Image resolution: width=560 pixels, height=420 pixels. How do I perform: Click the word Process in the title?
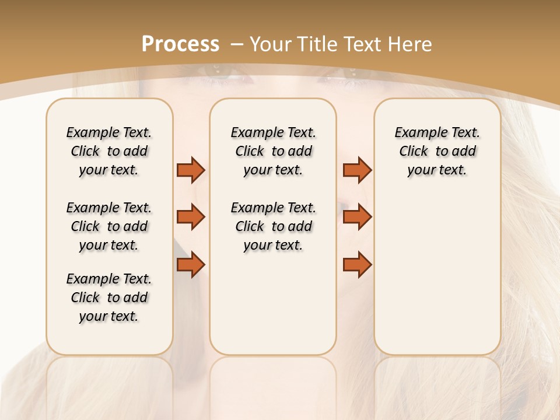click(x=180, y=44)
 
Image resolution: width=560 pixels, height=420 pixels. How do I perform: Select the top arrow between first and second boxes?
click(x=191, y=170)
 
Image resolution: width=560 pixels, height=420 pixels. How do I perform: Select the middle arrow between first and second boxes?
click(x=191, y=217)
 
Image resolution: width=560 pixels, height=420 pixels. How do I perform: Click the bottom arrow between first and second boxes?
click(x=191, y=265)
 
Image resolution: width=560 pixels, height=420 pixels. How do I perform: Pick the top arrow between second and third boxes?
click(x=357, y=170)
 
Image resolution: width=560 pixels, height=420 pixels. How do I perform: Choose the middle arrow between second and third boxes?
click(x=357, y=217)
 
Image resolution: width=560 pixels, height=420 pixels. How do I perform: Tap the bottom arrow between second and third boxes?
click(x=357, y=265)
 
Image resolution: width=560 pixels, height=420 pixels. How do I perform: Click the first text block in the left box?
click(x=109, y=151)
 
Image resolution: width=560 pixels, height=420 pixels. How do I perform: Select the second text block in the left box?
click(x=109, y=226)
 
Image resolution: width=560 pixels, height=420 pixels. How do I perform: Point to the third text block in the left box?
click(x=109, y=297)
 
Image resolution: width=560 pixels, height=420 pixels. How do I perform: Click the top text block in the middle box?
click(x=273, y=151)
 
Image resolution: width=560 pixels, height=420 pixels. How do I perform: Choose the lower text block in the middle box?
click(x=273, y=226)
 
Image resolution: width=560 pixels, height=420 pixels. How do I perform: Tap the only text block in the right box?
click(x=437, y=151)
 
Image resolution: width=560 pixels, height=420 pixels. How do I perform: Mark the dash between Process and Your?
click(x=237, y=44)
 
